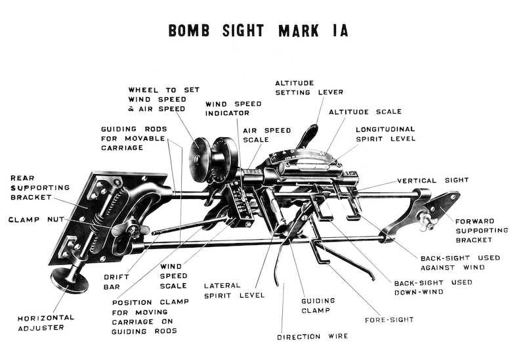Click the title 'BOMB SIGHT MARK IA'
point(258,31)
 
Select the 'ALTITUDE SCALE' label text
point(365,112)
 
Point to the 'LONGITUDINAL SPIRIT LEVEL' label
point(385,134)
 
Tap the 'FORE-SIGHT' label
point(389,320)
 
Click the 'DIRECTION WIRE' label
point(312,336)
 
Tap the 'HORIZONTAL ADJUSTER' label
point(46,322)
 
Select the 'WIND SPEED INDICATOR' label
point(233,108)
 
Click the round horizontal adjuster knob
point(69,280)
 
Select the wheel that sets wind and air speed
point(201,160)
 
